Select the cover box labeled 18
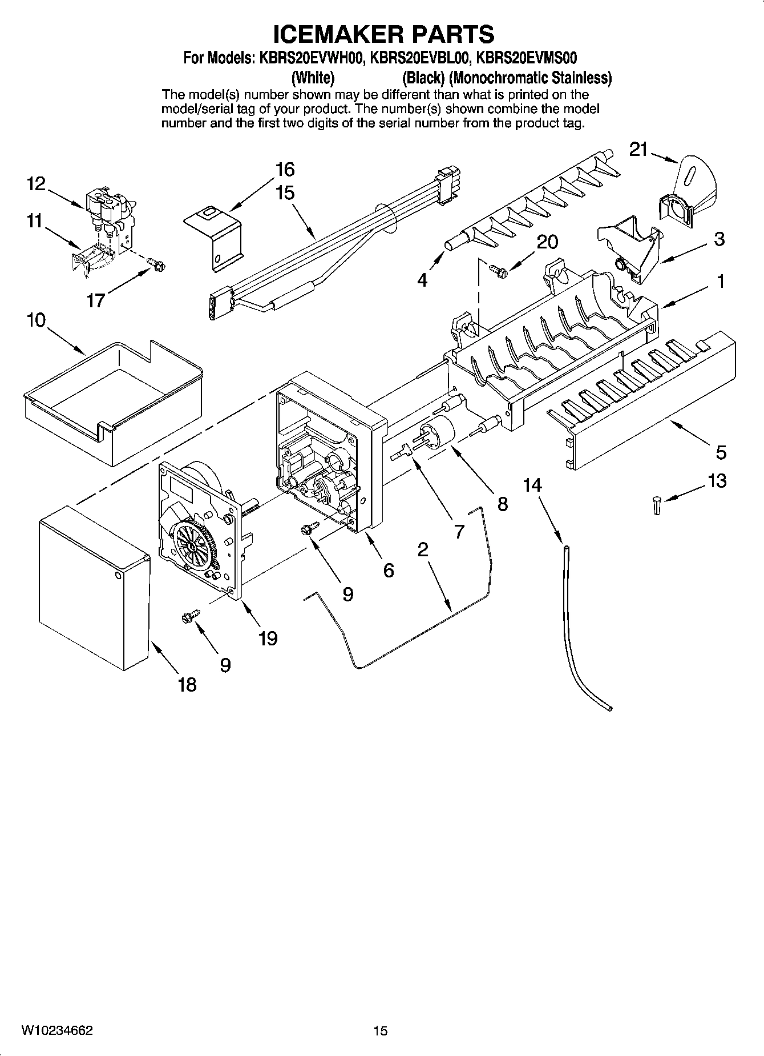pos(91,583)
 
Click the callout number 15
pos(285,192)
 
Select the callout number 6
pos(388,570)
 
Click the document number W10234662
pos(57,1031)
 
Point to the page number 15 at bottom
pos(381,1031)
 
